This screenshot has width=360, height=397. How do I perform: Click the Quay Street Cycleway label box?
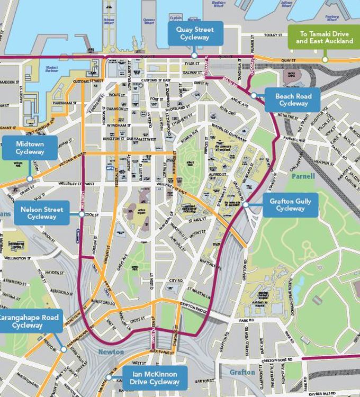point(194,33)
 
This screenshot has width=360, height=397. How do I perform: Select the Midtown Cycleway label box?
point(30,148)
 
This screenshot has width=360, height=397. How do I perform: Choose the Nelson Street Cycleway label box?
point(42,213)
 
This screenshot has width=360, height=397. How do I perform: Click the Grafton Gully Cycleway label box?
point(291,205)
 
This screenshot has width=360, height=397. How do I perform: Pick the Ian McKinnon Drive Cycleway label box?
point(155,378)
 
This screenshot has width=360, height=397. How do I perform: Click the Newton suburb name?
point(111,352)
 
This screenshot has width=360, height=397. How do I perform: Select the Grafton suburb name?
point(242,373)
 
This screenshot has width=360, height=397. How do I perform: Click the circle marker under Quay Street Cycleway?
point(194,55)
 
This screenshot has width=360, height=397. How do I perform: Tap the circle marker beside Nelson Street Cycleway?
point(82,214)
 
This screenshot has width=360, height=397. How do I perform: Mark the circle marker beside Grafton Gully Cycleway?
point(246,204)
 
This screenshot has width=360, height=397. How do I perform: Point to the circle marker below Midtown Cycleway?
point(30,179)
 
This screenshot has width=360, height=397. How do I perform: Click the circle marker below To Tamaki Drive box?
point(325,59)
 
